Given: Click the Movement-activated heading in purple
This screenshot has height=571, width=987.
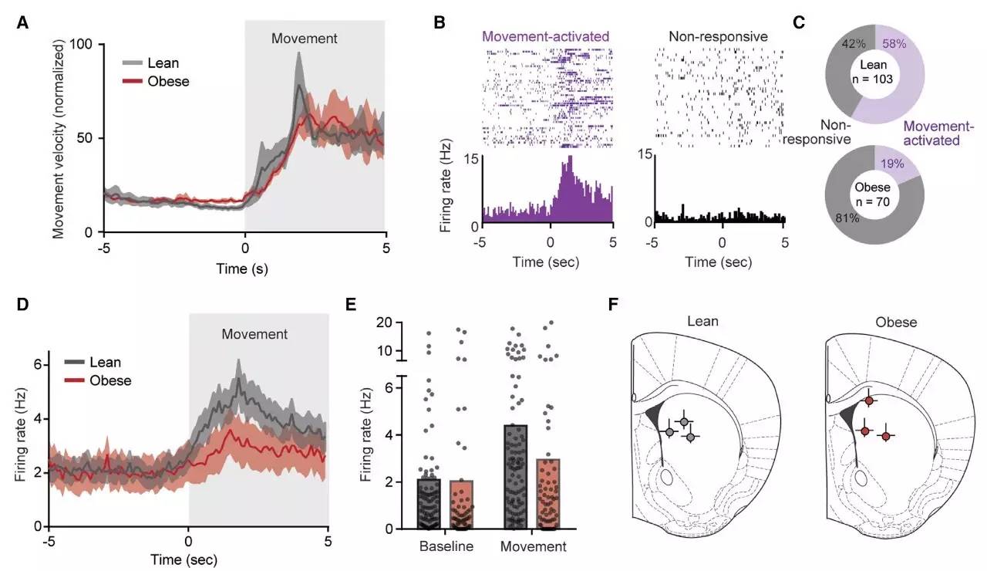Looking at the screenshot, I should coord(545,35).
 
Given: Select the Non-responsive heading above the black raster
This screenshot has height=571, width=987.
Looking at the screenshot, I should coord(718,35).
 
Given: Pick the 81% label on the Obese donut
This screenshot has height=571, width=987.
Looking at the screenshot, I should coord(840,218).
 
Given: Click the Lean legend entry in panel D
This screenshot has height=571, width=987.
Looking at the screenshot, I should coord(106,362).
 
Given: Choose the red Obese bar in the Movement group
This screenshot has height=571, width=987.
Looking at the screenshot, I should coord(548,494).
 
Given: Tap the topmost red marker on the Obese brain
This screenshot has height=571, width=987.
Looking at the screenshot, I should coord(869,400).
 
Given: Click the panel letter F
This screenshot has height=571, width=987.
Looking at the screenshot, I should coord(614,304).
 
